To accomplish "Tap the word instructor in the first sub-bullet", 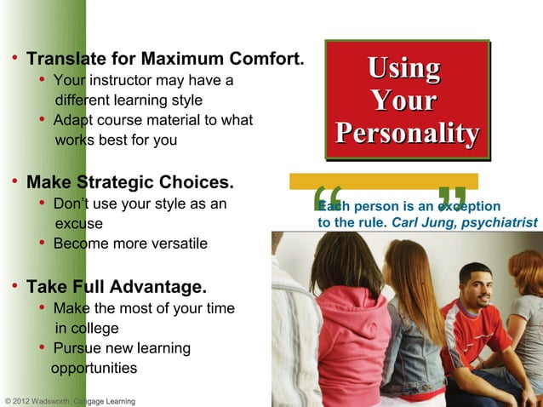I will coord(121,82).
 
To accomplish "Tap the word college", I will coord(94,328).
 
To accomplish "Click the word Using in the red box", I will coord(403,68).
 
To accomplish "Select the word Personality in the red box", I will coord(407,134).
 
